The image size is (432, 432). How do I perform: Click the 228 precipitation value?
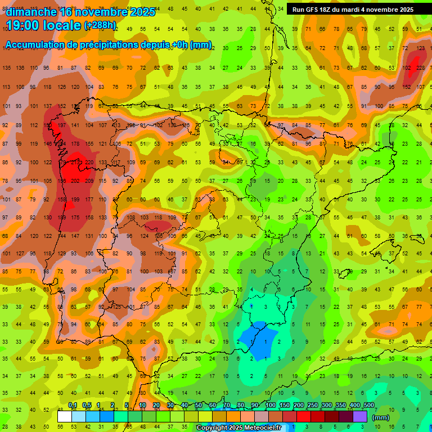pyautogui.click(x=420, y=68)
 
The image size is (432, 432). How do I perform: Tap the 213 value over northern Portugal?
pyautogui.click(x=75, y=163)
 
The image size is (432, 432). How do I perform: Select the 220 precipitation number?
pyautogui.click(x=89, y=163)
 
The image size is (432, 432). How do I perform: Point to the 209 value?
pyautogui.click(x=89, y=181)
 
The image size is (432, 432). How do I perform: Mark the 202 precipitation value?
pyautogui.click(x=75, y=181)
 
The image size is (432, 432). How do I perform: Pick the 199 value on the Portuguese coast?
pyautogui.click(x=75, y=200)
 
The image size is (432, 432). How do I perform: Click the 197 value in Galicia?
pyautogui.click(x=62, y=125)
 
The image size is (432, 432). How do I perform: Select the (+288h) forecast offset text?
pyautogui.click(x=100, y=25)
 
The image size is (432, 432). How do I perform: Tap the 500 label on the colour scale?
pyautogui.click(x=368, y=406)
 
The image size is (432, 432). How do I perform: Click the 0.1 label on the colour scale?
pyautogui.click(x=73, y=406)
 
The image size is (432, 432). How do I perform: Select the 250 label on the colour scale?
pyautogui.click(x=312, y=406)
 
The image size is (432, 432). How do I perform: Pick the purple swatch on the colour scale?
pyautogui.click(x=360, y=417)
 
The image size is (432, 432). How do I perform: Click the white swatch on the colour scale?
pyautogui.click(x=65, y=417)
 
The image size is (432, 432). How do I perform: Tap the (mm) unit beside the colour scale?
pyautogui.click(x=381, y=417)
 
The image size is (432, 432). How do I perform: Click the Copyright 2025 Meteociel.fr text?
pyautogui.click(x=238, y=428)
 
